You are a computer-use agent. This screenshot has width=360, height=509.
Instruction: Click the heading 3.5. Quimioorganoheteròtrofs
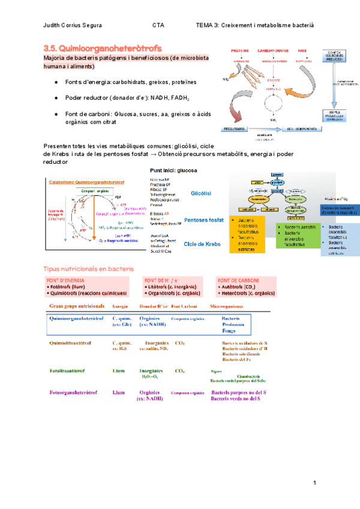102,47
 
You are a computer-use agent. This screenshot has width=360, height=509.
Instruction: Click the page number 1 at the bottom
314,483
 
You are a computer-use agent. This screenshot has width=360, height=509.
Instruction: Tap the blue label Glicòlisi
199,194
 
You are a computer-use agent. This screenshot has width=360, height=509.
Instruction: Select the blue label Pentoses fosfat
204,220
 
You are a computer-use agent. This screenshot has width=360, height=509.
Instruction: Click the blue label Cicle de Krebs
202,244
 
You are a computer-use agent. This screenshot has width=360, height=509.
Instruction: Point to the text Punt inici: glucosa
173,170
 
